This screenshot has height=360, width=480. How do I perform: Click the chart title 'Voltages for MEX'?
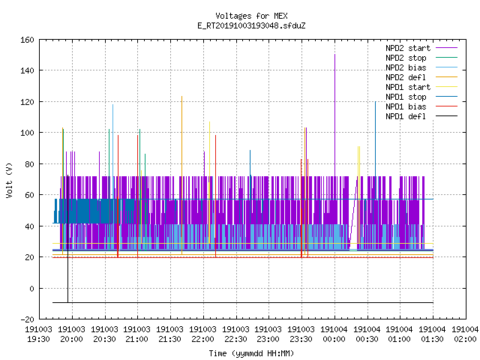click(x=251, y=16)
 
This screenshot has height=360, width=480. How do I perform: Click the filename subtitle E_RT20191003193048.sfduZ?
click(x=251, y=25)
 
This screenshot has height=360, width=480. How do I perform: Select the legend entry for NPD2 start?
click(x=421, y=48)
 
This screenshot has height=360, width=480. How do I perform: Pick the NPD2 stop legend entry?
click(x=421, y=58)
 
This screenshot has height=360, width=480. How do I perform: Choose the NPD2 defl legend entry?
click(x=421, y=77)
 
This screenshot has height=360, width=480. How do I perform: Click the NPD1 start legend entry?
click(x=421, y=87)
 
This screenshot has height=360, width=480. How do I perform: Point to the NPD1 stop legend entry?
click(x=421, y=97)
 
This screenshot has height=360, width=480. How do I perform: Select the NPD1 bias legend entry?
click(x=421, y=106)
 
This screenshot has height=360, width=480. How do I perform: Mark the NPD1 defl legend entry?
click(x=421, y=117)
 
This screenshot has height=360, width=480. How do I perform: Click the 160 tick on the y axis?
click(x=27, y=40)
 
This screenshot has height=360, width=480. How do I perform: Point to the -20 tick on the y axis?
click(x=27, y=319)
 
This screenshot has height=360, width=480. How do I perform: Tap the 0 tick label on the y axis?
click(x=31, y=289)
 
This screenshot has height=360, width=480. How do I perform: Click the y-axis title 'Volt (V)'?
click(x=10, y=181)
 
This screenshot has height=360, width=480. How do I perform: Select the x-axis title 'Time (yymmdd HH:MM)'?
click(x=251, y=353)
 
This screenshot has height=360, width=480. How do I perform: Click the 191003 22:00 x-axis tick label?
click(x=203, y=334)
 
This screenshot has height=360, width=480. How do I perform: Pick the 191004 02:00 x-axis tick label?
click(x=465, y=334)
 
